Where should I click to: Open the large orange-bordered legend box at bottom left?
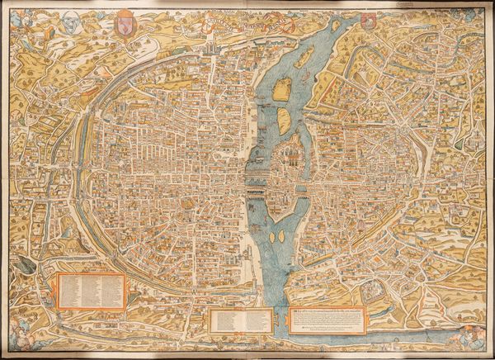pos(91,290)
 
